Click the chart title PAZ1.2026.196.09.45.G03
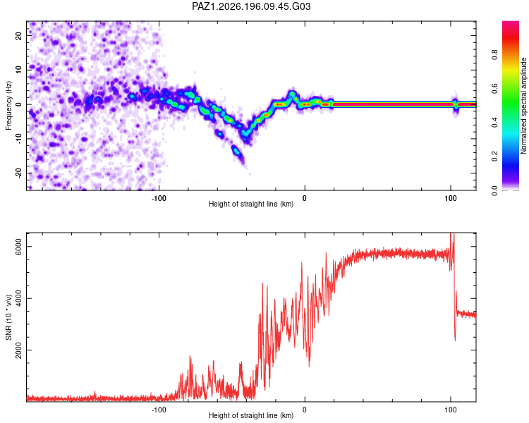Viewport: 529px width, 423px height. pos(251,6)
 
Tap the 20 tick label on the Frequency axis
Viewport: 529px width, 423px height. pos(18,35)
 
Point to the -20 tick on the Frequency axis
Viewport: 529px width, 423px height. pos(18,173)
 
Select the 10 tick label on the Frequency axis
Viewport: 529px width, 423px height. pos(18,70)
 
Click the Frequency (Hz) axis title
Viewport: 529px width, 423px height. pos(8,106)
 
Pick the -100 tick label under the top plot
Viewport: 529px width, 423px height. pos(159,198)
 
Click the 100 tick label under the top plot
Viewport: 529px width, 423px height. pos(451,198)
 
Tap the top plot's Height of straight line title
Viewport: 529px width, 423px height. pos(251,204)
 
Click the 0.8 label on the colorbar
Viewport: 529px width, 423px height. pos(494,54)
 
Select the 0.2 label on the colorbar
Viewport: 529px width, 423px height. pos(494,157)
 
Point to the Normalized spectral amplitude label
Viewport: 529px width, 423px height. pos(523,106)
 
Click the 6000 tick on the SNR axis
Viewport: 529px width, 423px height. pos(18,247)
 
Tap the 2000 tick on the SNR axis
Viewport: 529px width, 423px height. pos(18,350)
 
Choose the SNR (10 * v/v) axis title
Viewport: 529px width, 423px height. pos(8,317)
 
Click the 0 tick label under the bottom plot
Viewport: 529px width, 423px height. pos(305,410)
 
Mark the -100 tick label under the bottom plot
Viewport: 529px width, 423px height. pos(159,410)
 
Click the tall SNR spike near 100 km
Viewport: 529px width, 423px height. pos(452,243)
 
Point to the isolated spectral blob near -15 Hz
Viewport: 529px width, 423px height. pos(237,151)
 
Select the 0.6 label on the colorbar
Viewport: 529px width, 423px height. pos(494,88)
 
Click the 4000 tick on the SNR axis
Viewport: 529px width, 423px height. pos(18,298)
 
